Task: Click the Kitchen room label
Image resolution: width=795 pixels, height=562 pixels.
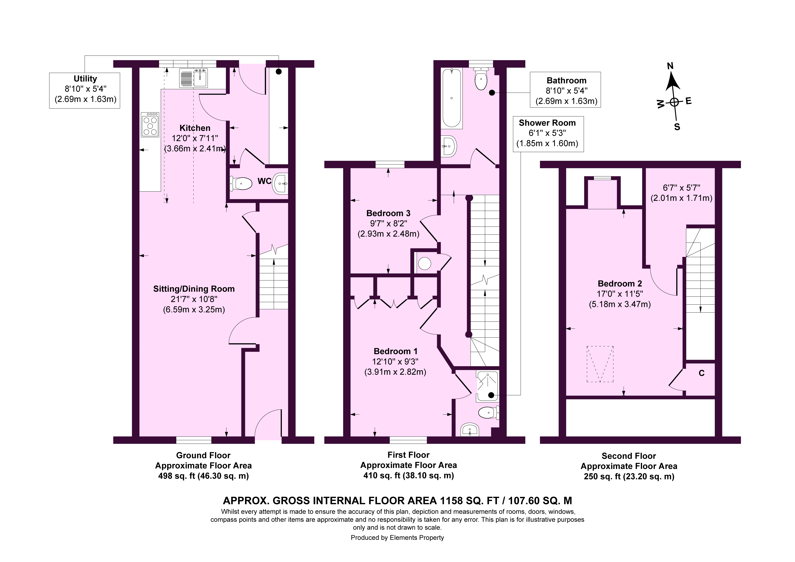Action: (195, 128)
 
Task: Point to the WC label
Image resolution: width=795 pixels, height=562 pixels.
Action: (264, 181)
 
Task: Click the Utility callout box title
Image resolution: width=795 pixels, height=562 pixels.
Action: (85, 79)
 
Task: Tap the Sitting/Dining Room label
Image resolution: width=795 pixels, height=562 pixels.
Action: (194, 289)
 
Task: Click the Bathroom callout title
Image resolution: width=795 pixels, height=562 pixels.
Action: (567, 80)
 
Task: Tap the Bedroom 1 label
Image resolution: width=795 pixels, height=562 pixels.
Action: (395, 351)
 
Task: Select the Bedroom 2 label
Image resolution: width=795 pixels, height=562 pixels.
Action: (620, 283)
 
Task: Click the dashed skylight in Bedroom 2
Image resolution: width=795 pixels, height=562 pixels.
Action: (600, 364)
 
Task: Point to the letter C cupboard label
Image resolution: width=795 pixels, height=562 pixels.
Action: (702, 373)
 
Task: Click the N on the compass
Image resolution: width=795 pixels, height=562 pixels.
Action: (670, 66)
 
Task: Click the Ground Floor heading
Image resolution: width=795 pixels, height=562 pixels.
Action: (203, 455)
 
